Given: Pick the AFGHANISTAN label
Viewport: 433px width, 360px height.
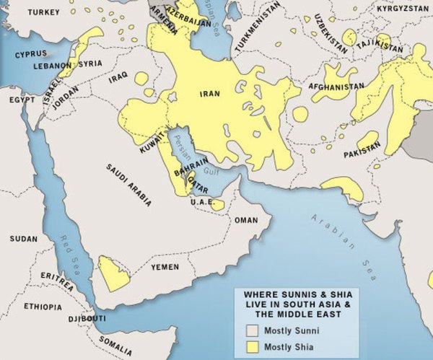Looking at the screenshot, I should click(336, 87).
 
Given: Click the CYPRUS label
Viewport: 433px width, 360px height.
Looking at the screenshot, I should click(31, 53).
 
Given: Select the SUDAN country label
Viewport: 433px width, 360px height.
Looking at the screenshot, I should click(24, 237).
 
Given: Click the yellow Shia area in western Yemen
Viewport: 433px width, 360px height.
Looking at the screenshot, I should click(113, 273).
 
